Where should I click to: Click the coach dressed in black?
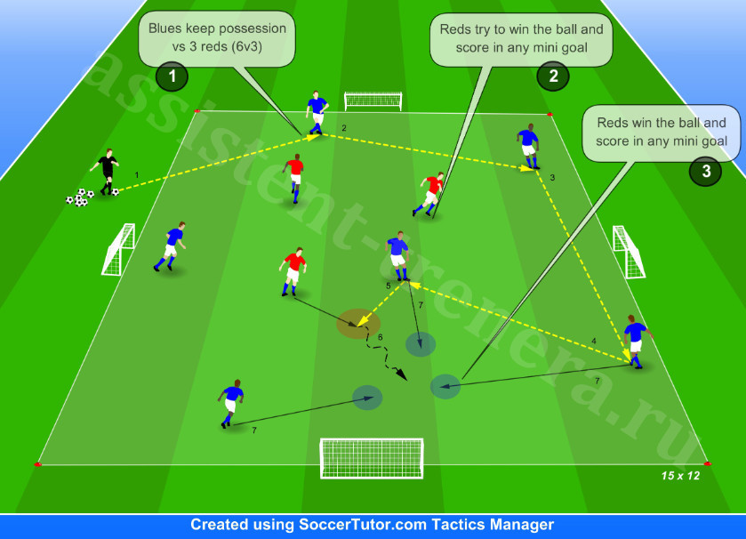[107, 172]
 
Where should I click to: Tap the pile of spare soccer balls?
[80, 197]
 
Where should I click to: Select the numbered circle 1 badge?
[172, 76]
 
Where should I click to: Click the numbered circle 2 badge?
[553, 76]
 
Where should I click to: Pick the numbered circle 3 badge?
[706, 171]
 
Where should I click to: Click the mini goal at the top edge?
[373, 101]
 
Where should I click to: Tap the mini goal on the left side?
[118, 249]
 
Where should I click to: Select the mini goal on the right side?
[629, 252]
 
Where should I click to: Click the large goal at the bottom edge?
[372, 458]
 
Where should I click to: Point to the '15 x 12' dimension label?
[680, 475]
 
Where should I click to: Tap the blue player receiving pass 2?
[317, 112]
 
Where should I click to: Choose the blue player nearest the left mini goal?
[171, 246]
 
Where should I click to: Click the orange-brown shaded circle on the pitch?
[358, 324]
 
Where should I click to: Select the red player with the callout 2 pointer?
[430, 194]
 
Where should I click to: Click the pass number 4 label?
[594, 341]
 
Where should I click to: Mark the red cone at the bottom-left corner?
[37, 463]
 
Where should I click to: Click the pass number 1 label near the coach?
[137, 175]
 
